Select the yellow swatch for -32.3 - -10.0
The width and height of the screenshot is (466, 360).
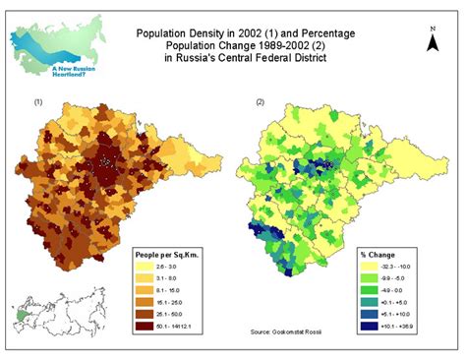pos(369,266)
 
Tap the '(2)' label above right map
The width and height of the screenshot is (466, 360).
pos(259,101)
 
